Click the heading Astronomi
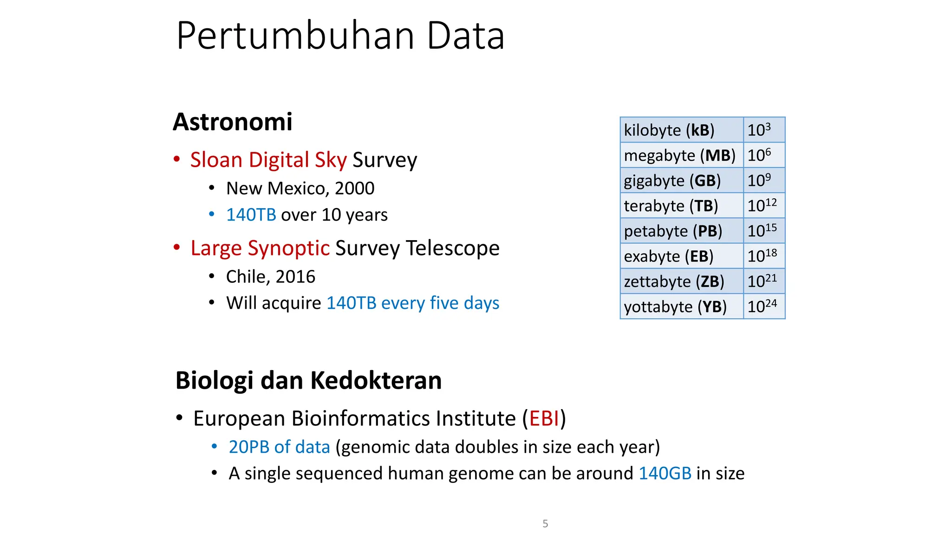tap(233, 122)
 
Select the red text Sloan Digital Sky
tap(268, 160)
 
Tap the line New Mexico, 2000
tap(300, 189)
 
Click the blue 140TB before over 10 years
tap(251, 215)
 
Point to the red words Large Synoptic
tap(260, 248)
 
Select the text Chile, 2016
tap(270, 277)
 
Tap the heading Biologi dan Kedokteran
tap(308, 380)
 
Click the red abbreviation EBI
tap(544, 418)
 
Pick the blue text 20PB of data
tap(279, 447)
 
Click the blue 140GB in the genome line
tap(665, 473)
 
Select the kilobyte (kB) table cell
tap(681, 130)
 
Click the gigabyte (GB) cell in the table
tap(681, 181)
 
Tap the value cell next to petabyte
tap(764, 231)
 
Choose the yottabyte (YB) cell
tap(681, 307)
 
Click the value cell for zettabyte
tap(764, 281)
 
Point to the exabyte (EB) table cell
tap(681, 256)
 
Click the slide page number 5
tap(545, 524)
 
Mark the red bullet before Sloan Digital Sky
tap(176, 159)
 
